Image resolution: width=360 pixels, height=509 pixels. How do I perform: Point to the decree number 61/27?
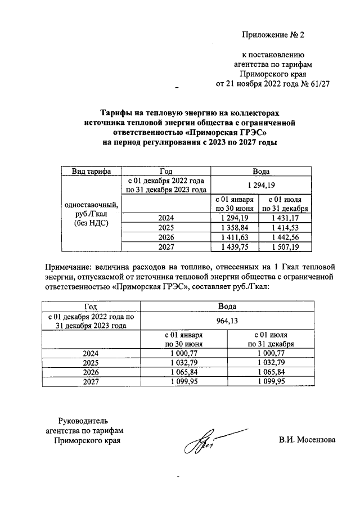point(318,84)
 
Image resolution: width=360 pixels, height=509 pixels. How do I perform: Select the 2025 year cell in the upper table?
point(166,227)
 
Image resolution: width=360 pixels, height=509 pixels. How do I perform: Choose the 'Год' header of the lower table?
point(91,306)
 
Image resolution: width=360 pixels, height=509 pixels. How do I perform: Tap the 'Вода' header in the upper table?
point(261,171)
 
